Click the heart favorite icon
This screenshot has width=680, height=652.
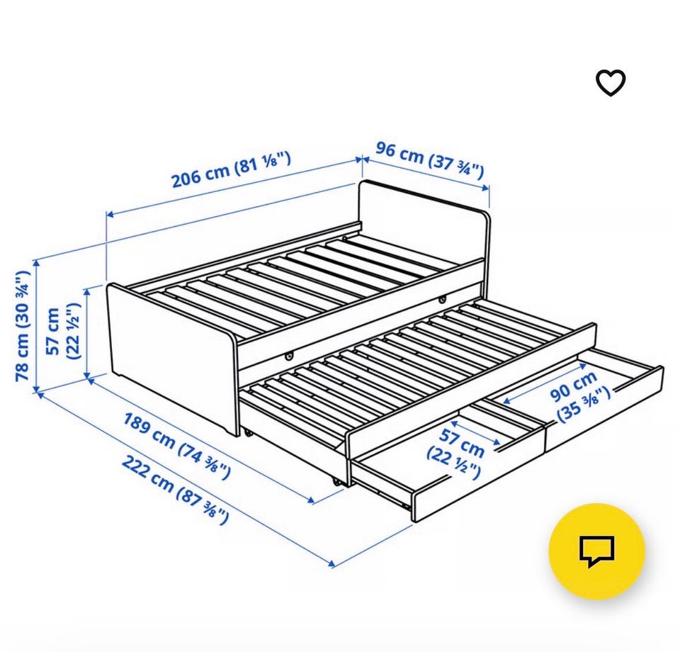[611, 82]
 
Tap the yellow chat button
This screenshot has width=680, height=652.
[596, 551]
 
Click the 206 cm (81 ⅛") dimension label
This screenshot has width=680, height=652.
[231, 169]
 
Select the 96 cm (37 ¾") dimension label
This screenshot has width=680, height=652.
[430, 159]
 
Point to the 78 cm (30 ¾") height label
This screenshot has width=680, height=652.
[22, 326]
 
